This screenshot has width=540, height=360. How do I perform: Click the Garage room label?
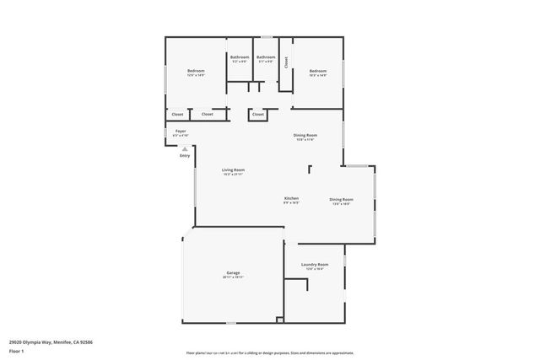pyautogui.click(x=233, y=273)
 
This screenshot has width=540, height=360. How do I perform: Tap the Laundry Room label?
pyautogui.click(x=315, y=265)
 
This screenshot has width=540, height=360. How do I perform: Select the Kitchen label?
pyautogui.click(x=291, y=198)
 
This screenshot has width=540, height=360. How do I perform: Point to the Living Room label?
pyautogui.click(x=233, y=170)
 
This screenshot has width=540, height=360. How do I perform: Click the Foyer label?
pyautogui.click(x=181, y=132)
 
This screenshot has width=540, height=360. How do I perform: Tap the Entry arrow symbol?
pyautogui.click(x=185, y=148)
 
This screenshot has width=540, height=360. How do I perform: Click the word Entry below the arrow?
pyautogui.click(x=185, y=156)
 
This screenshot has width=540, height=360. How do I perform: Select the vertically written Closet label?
pyautogui.click(x=286, y=62)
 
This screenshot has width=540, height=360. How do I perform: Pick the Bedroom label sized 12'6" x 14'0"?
pyautogui.click(x=196, y=71)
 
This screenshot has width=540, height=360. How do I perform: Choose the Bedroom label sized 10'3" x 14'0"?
pyautogui.click(x=317, y=71)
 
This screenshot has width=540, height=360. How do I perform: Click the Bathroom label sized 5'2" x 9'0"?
pyautogui.click(x=240, y=57)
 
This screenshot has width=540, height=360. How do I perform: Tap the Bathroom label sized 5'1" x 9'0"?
pyautogui.click(x=267, y=57)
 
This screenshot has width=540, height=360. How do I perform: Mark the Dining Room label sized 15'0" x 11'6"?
pyautogui.click(x=305, y=135)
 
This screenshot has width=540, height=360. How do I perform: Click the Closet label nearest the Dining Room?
pyautogui.click(x=257, y=114)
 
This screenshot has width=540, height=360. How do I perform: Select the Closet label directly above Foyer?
pyautogui.click(x=177, y=114)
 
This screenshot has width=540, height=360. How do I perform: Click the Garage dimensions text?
pyautogui.click(x=233, y=278)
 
